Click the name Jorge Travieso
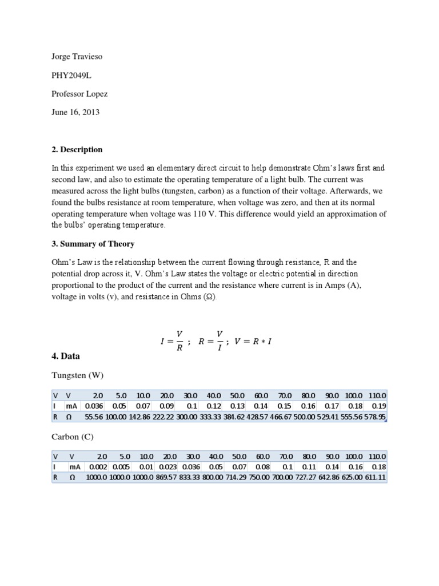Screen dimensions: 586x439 [75, 57]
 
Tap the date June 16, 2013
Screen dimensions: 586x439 [75, 112]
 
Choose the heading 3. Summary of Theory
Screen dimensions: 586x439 [93, 244]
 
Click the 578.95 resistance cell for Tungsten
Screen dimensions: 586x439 [375, 418]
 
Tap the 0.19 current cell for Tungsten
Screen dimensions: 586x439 [380, 406]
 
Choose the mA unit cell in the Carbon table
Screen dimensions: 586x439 [75, 467]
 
